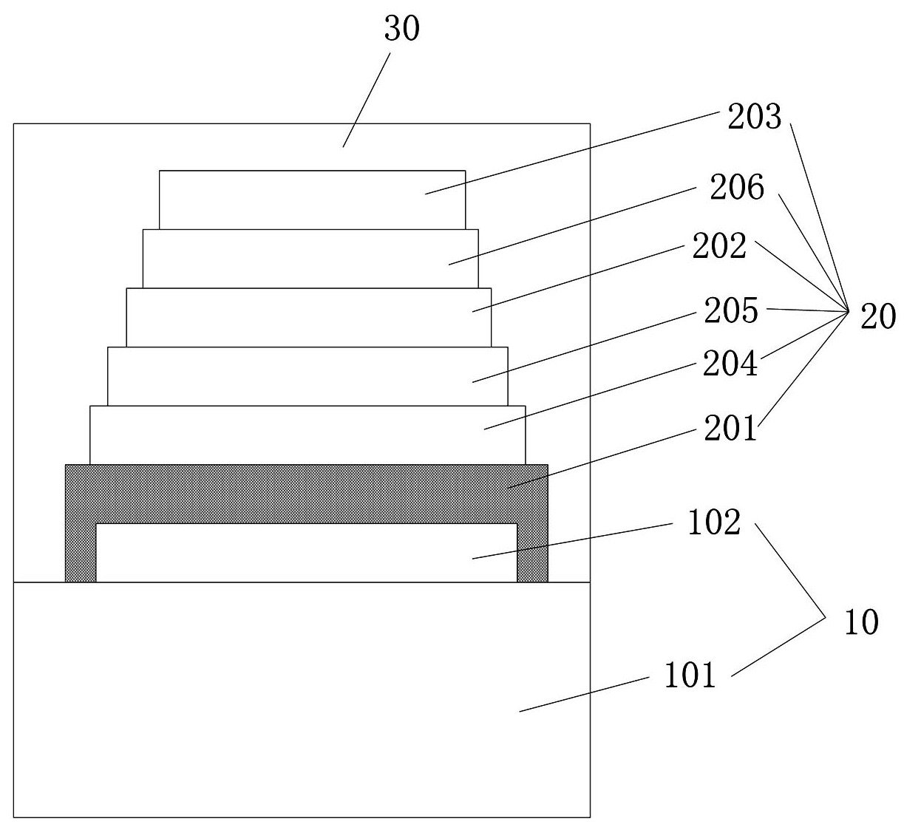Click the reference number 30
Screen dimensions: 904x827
[402, 28]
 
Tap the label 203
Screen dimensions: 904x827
[755, 117]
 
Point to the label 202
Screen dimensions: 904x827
[719, 246]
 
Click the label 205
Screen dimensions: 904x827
[731, 311]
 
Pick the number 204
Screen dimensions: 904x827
[730, 364]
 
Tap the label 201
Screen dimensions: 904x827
[730, 428]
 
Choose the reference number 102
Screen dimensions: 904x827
[714, 523]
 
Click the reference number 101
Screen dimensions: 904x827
[690, 675]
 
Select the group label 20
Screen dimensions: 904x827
[878, 316]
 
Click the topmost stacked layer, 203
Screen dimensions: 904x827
[313, 200]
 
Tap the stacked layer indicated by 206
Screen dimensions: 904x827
[310, 259]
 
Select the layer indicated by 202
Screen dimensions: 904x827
[309, 318]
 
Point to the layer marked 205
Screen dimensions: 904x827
[307, 376]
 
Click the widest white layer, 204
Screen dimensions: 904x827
[307, 435]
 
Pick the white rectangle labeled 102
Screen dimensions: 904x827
[307, 553]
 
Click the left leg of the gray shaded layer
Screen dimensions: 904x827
[81, 553]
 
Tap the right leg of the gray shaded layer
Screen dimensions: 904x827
[533, 553]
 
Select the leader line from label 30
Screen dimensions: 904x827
[367, 100]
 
